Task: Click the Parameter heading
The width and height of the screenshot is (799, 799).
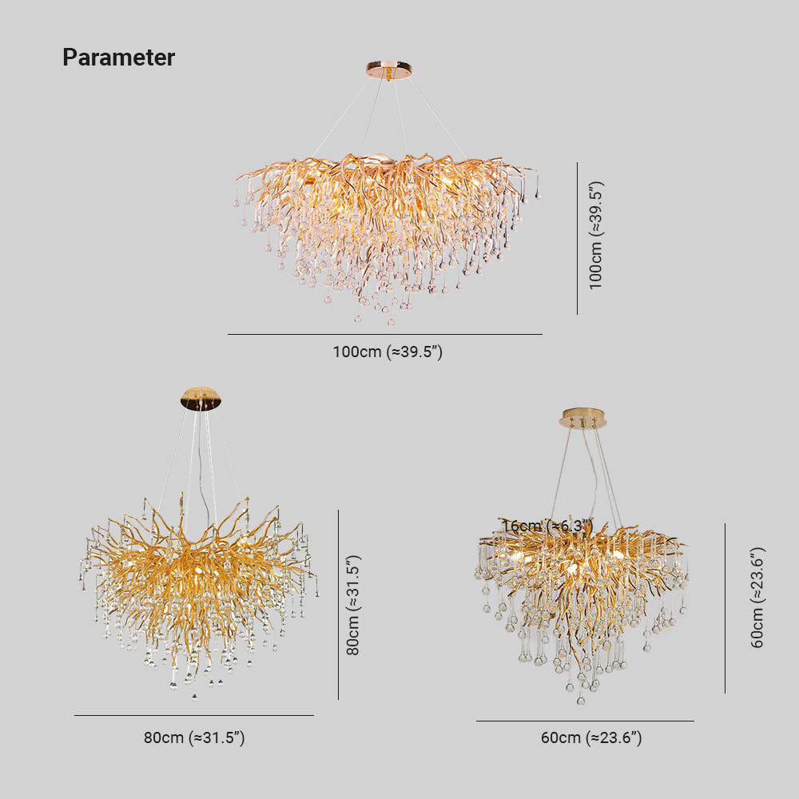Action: pos(118,58)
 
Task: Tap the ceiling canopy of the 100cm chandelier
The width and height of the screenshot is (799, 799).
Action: pos(389,70)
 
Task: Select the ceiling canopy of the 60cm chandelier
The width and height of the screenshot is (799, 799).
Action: pos(584,418)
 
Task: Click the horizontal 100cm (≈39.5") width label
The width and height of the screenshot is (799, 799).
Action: pos(388,352)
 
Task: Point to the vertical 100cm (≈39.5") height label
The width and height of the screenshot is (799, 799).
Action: pos(596,235)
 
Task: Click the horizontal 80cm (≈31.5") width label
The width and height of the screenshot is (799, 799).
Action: pos(194,737)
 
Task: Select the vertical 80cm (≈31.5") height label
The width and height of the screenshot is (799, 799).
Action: pos(352,605)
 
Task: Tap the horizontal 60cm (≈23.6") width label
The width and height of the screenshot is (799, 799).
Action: pos(591,737)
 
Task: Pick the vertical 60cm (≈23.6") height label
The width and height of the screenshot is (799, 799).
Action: pos(757,597)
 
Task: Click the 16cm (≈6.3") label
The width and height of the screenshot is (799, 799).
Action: pos(547,526)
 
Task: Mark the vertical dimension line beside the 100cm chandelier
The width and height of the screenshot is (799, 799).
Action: pos(577,238)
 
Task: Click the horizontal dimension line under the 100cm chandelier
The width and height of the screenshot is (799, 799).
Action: pos(384,334)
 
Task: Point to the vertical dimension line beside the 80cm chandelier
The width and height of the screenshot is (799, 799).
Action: pos(338,605)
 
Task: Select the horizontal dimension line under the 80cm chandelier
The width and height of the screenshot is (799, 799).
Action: pos(194,715)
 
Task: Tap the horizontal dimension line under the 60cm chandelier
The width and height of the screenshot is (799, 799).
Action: pos(585,721)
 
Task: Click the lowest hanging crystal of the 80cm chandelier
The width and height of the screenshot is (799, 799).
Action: pos(194,697)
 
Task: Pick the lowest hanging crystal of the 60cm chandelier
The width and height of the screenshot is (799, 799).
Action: pos(581,701)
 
